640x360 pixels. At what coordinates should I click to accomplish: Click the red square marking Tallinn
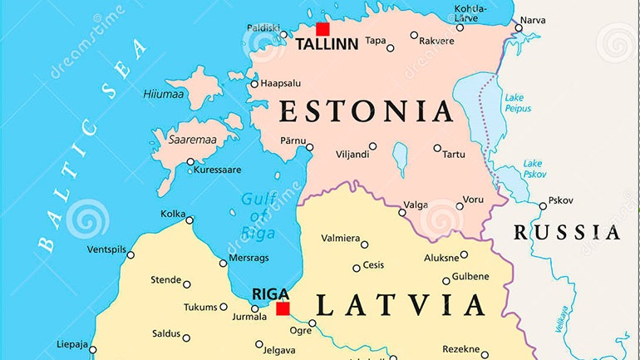point(322,29)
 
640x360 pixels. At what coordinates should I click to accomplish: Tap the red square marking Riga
point(283,308)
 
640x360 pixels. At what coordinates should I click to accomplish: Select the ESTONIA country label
point(366,111)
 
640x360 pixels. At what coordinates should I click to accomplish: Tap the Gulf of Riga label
point(258,214)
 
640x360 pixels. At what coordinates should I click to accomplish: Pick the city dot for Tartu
point(437,148)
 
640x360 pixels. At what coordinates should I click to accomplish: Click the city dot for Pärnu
point(309,147)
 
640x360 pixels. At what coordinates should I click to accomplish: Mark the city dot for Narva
point(519,27)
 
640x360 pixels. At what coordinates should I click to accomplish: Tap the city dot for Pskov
point(543,205)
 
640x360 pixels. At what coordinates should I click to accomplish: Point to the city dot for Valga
point(402,212)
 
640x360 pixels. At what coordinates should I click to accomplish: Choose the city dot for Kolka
point(190,220)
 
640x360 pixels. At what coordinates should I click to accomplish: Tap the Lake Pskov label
point(532,170)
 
